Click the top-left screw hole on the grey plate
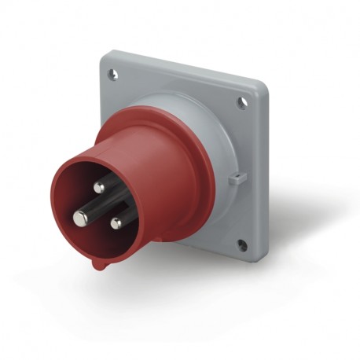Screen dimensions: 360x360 click(x=112, y=75)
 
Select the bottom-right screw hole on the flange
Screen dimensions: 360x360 click(x=242, y=245)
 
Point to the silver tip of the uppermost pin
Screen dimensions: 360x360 click(x=100, y=187)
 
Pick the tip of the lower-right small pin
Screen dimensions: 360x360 click(x=116, y=223)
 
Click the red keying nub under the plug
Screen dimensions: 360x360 click(x=97, y=265)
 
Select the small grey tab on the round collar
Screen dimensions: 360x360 click(x=234, y=181)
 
